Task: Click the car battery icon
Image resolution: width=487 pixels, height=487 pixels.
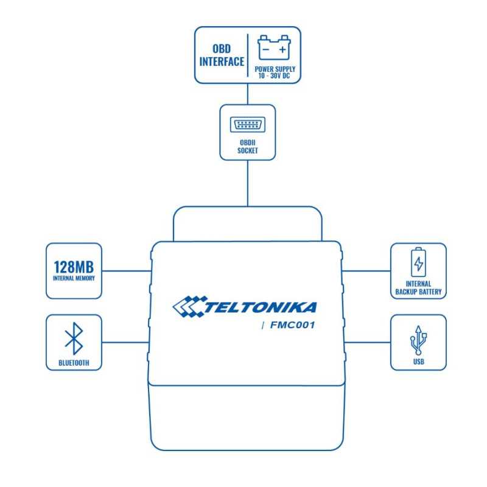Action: click(x=275, y=47)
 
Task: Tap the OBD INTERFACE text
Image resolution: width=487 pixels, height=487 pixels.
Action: click(x=222, y=55)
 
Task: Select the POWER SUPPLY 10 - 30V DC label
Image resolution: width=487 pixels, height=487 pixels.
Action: click(x=275, y=72)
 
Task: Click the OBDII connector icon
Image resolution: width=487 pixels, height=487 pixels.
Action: click(x=248, y=125)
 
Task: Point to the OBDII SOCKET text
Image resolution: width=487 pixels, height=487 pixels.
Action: click(x=248, y=147)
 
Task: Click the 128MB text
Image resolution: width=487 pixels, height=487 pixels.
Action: click(x=74, y=267)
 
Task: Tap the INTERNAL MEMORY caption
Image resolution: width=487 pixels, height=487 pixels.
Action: click(x=74, y=278)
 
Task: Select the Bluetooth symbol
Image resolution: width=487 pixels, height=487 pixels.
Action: click(x=74, y=338)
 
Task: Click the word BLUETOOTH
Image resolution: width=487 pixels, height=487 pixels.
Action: click(x=74, y=363)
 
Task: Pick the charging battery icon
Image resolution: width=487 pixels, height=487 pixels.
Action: click(x=418, y=262)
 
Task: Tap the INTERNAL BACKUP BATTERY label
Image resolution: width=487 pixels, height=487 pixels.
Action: click(x=418, y=288)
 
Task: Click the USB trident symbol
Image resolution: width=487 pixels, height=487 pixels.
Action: click(x=418, y=340)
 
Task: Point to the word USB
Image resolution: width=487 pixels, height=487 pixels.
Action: click(x=419, y=362)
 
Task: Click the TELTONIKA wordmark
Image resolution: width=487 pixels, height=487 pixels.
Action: click(x=261, y=307)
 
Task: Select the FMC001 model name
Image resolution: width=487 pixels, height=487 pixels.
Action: click(x=293, y=325)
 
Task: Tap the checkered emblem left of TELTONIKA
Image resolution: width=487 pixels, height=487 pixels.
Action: click(x=189, y=307)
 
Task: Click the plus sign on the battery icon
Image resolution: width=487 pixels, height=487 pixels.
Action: click(x=282, y=50)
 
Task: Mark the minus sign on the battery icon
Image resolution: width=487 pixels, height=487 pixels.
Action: click(x=266, y=50)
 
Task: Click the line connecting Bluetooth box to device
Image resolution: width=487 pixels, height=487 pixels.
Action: click(x=125, y=342)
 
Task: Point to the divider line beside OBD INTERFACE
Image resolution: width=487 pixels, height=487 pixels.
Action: click(x=248, y=55)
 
